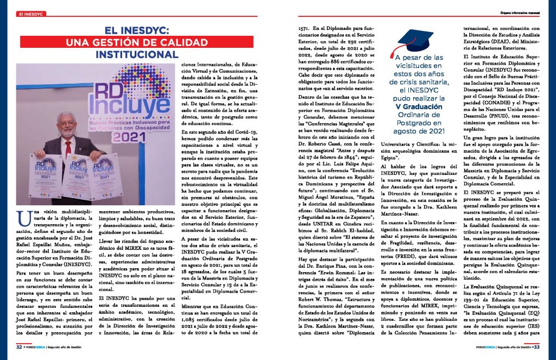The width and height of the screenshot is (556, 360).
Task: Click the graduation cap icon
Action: point(415,40)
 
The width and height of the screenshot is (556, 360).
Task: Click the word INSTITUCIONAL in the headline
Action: point(137,54)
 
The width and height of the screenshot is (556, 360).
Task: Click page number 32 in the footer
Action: point(19,346)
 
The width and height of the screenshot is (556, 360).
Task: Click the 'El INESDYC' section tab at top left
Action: point(31,13)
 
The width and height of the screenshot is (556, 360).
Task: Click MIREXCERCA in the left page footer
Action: point(37,346)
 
